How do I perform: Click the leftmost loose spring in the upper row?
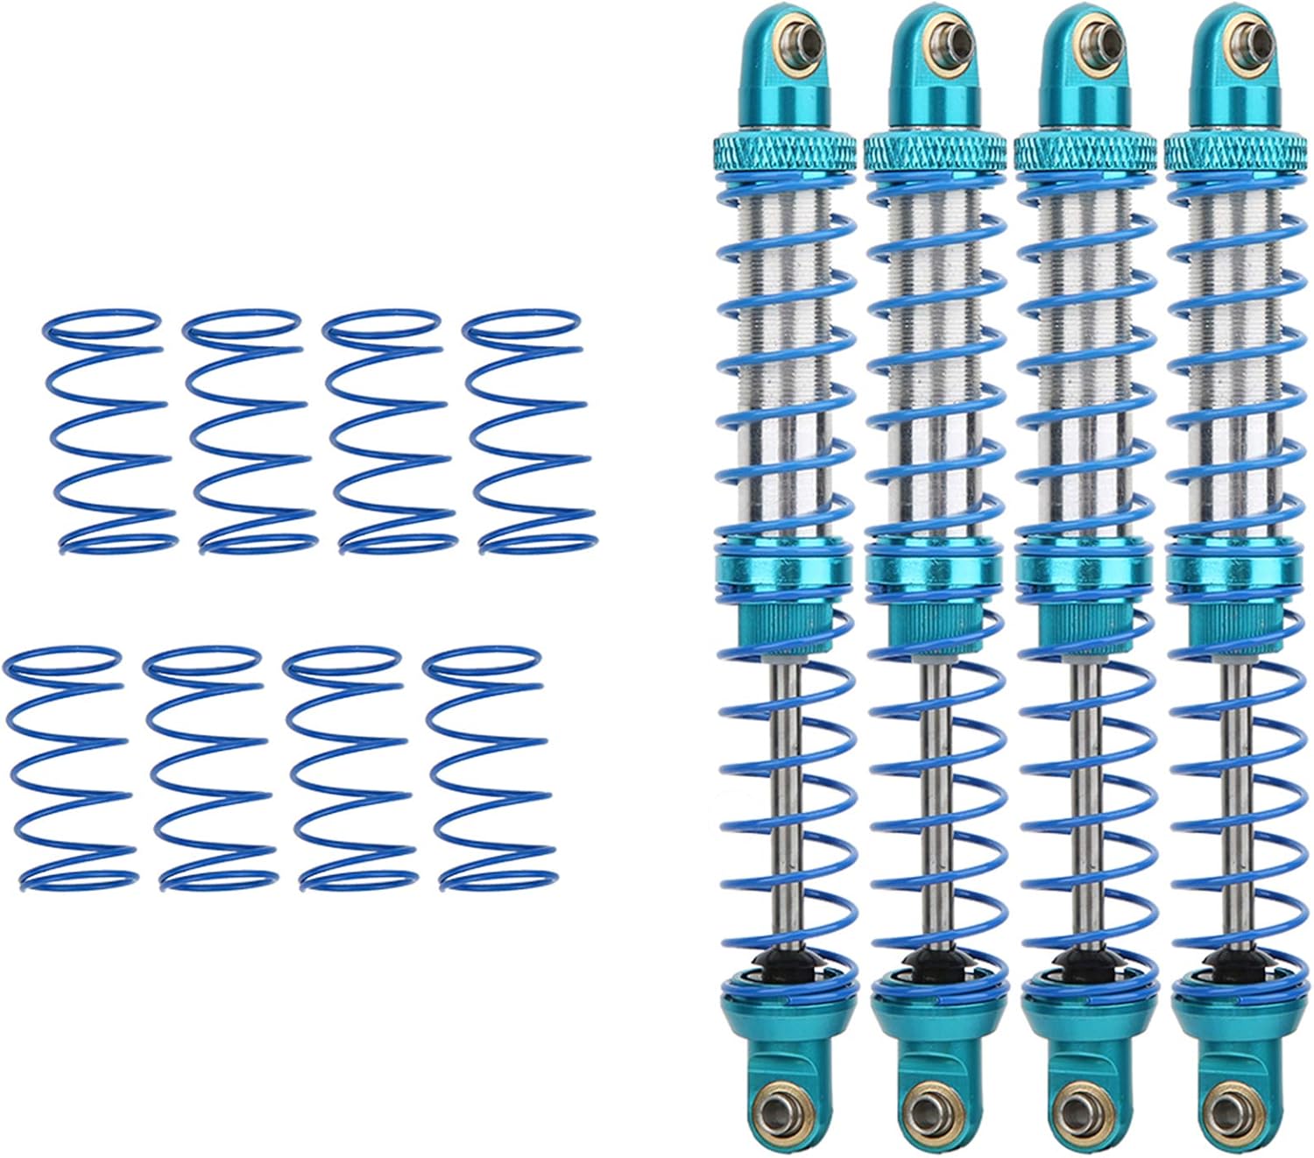click(108, 431)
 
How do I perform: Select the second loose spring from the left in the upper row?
click(248, 431)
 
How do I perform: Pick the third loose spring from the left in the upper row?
click(388, 431)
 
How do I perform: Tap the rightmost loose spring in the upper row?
click(528, 431)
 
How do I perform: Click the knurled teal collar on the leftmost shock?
click(785, 151)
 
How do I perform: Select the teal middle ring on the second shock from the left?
click(934, 568)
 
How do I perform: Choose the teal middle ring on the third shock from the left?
click(1084, 568)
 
